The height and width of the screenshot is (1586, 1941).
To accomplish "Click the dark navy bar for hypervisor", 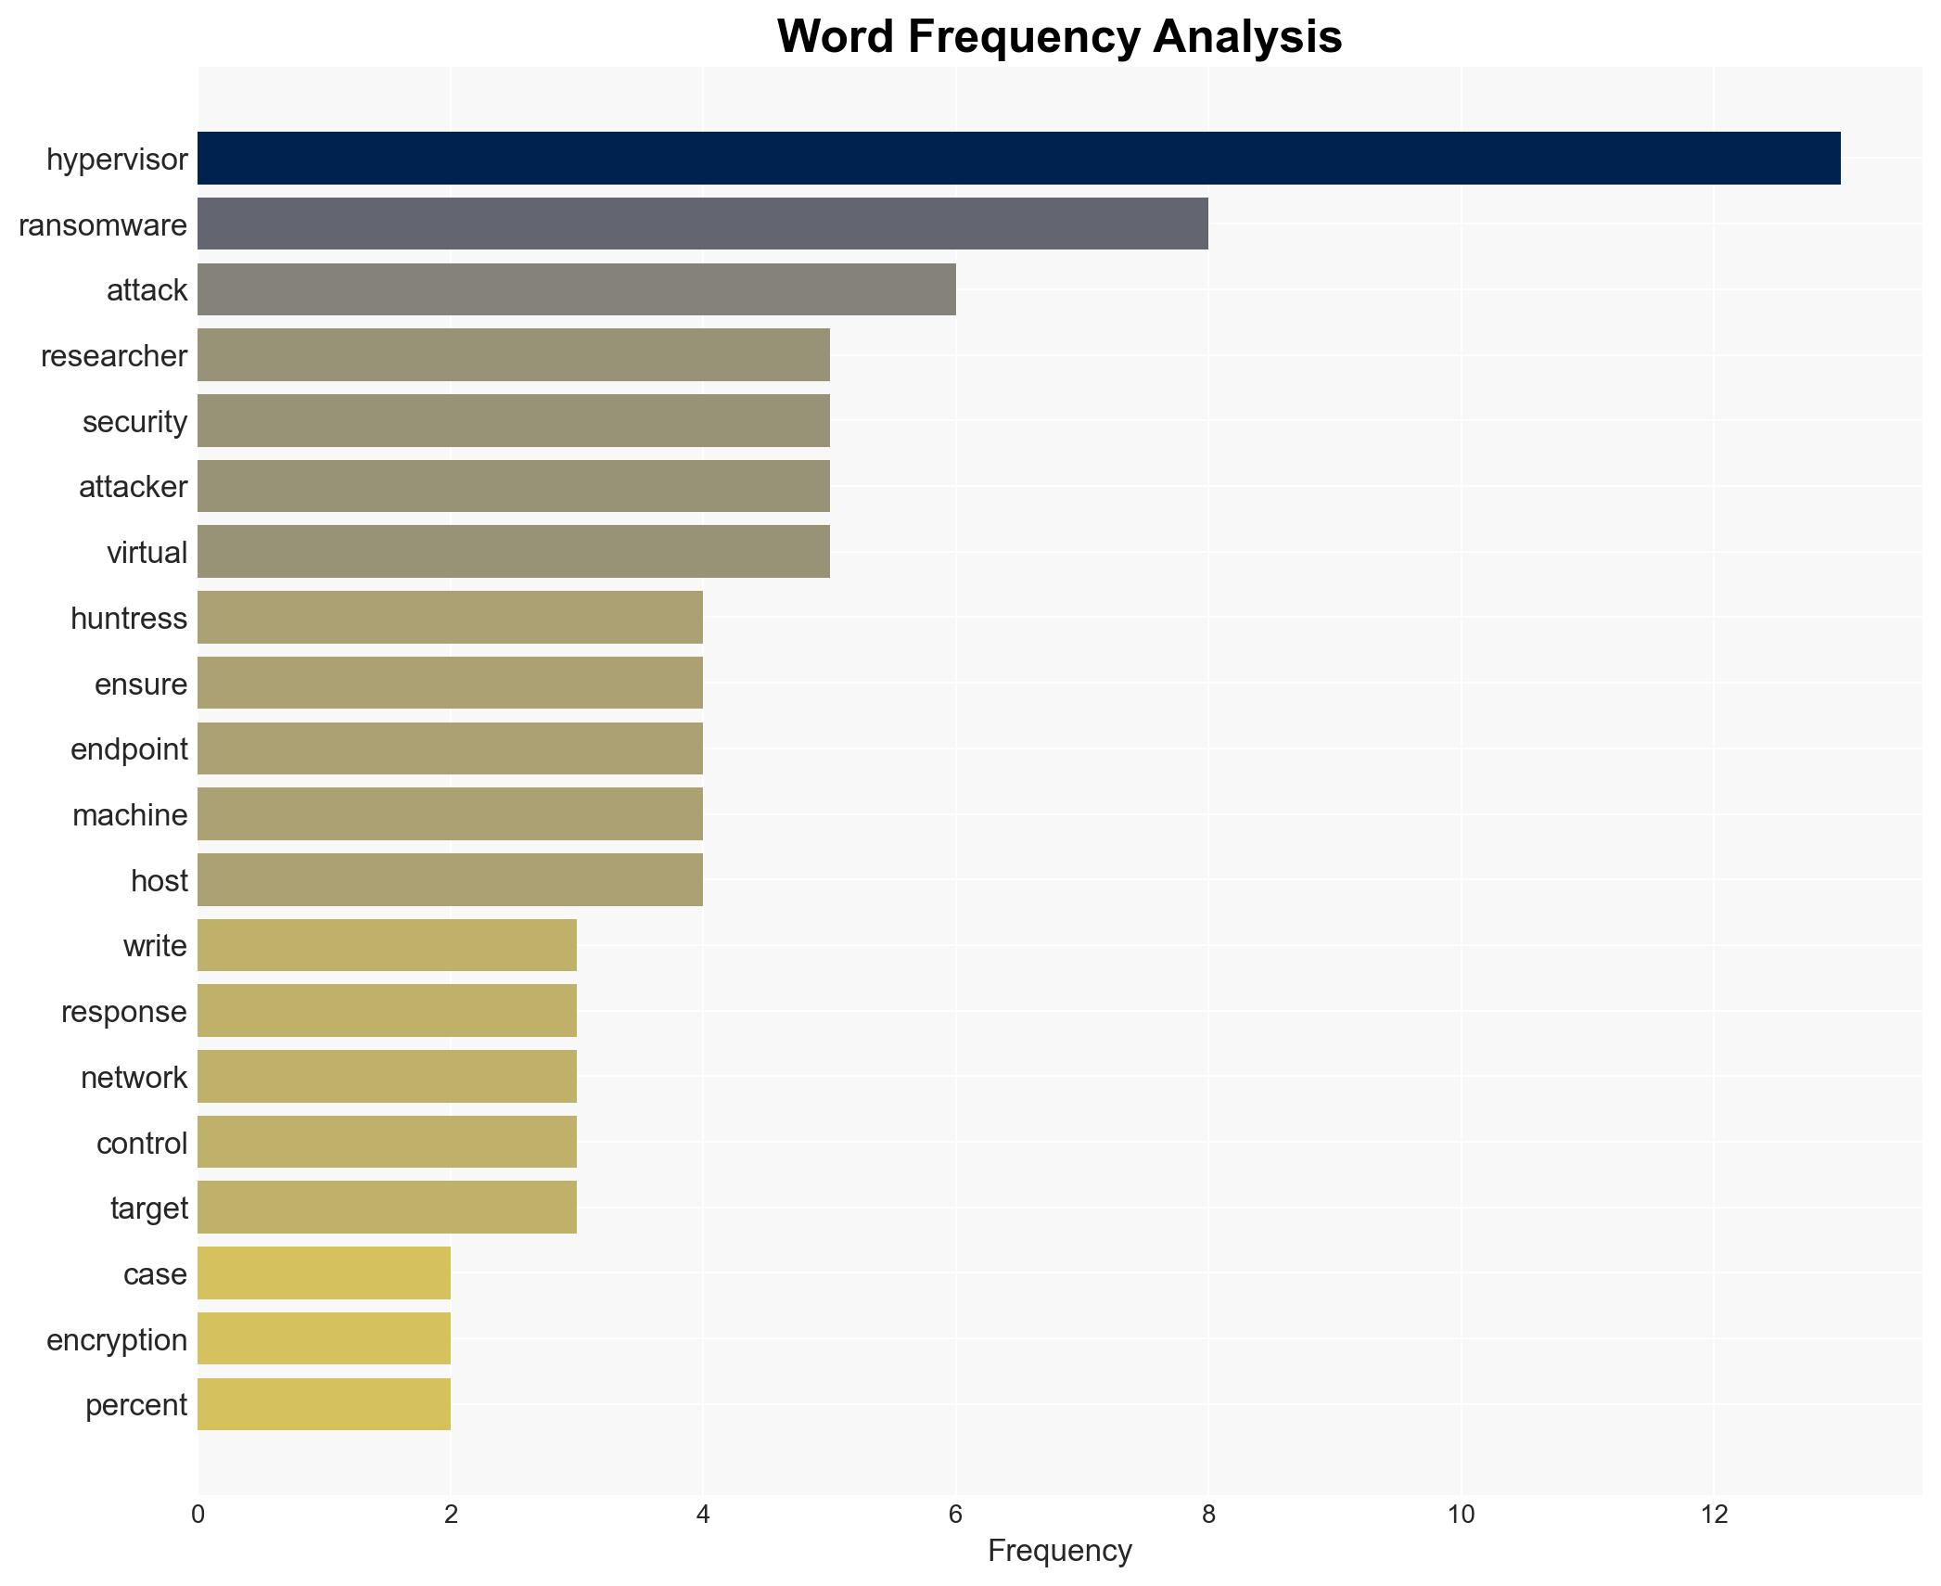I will coord(1018,159).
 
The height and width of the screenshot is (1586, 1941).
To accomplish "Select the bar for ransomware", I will coord(702,224).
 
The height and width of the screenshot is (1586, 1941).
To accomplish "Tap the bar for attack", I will coord(576,289).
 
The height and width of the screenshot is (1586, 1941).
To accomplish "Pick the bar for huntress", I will coord(450,618).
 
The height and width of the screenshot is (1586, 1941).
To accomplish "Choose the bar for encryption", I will coord(324,1338).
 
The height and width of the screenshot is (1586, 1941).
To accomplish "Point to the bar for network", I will coord(387,1076).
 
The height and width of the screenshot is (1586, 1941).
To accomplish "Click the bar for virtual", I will coord(513,552).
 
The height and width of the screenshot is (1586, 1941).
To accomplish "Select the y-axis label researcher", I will coord(114,356).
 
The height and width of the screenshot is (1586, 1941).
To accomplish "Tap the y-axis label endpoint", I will coord(129,749).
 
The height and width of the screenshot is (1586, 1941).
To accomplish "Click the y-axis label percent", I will coord(136,1405).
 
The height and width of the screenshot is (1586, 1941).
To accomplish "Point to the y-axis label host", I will coord(159,880).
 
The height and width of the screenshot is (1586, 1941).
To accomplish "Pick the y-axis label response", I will coord(124,1012).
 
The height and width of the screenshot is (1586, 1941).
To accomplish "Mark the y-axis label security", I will coord(134,422).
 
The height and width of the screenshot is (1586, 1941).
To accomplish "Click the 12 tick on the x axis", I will coord(1714,1515).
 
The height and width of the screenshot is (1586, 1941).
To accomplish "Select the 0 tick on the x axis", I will coord(198,1515).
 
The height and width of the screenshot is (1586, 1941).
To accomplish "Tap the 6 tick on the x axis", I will coord(955,1515).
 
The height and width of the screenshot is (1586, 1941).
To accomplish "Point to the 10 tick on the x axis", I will coord(1461,1515).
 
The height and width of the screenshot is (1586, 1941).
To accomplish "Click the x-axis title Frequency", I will coord(1059,1551).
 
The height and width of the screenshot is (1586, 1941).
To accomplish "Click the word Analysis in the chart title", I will coord(1247,37).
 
